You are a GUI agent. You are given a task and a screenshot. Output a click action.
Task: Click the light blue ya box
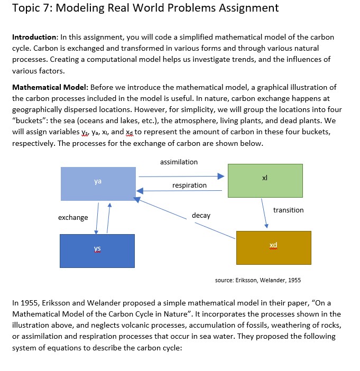98,183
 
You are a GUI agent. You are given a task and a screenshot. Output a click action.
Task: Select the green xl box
265,180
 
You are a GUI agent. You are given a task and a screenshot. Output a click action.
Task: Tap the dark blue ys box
97,250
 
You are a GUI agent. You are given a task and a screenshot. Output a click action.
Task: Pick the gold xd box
273,247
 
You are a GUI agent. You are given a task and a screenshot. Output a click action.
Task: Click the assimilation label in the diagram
179,162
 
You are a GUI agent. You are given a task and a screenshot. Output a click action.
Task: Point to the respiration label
189,185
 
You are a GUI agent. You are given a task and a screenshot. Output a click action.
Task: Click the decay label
201,216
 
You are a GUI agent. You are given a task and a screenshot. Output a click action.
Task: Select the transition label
288,210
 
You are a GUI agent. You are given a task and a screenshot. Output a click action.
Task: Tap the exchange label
73,217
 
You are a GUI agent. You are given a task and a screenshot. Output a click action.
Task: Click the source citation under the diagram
258,280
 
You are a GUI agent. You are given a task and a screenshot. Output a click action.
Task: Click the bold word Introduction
35,38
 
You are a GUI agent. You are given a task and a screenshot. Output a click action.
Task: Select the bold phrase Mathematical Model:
51,87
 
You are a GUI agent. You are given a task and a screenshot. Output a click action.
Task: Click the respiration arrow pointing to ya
180,191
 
